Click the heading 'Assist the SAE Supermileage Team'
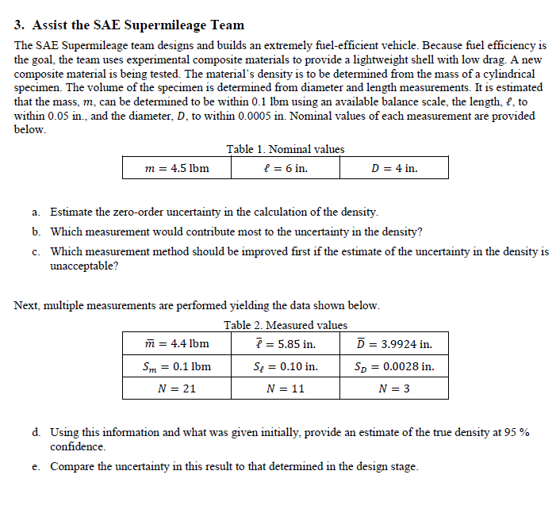[x=138, y=25]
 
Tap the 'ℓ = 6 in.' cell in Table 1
[x=285, y=168]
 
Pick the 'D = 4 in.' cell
[x=394, y=168]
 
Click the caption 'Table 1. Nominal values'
[x=285, y=149]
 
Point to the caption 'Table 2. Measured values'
[x=285, y=325]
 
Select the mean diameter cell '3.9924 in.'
[x=394, y=344]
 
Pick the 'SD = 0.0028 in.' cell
[x=394, y=366]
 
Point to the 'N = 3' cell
[x=394, y=388]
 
